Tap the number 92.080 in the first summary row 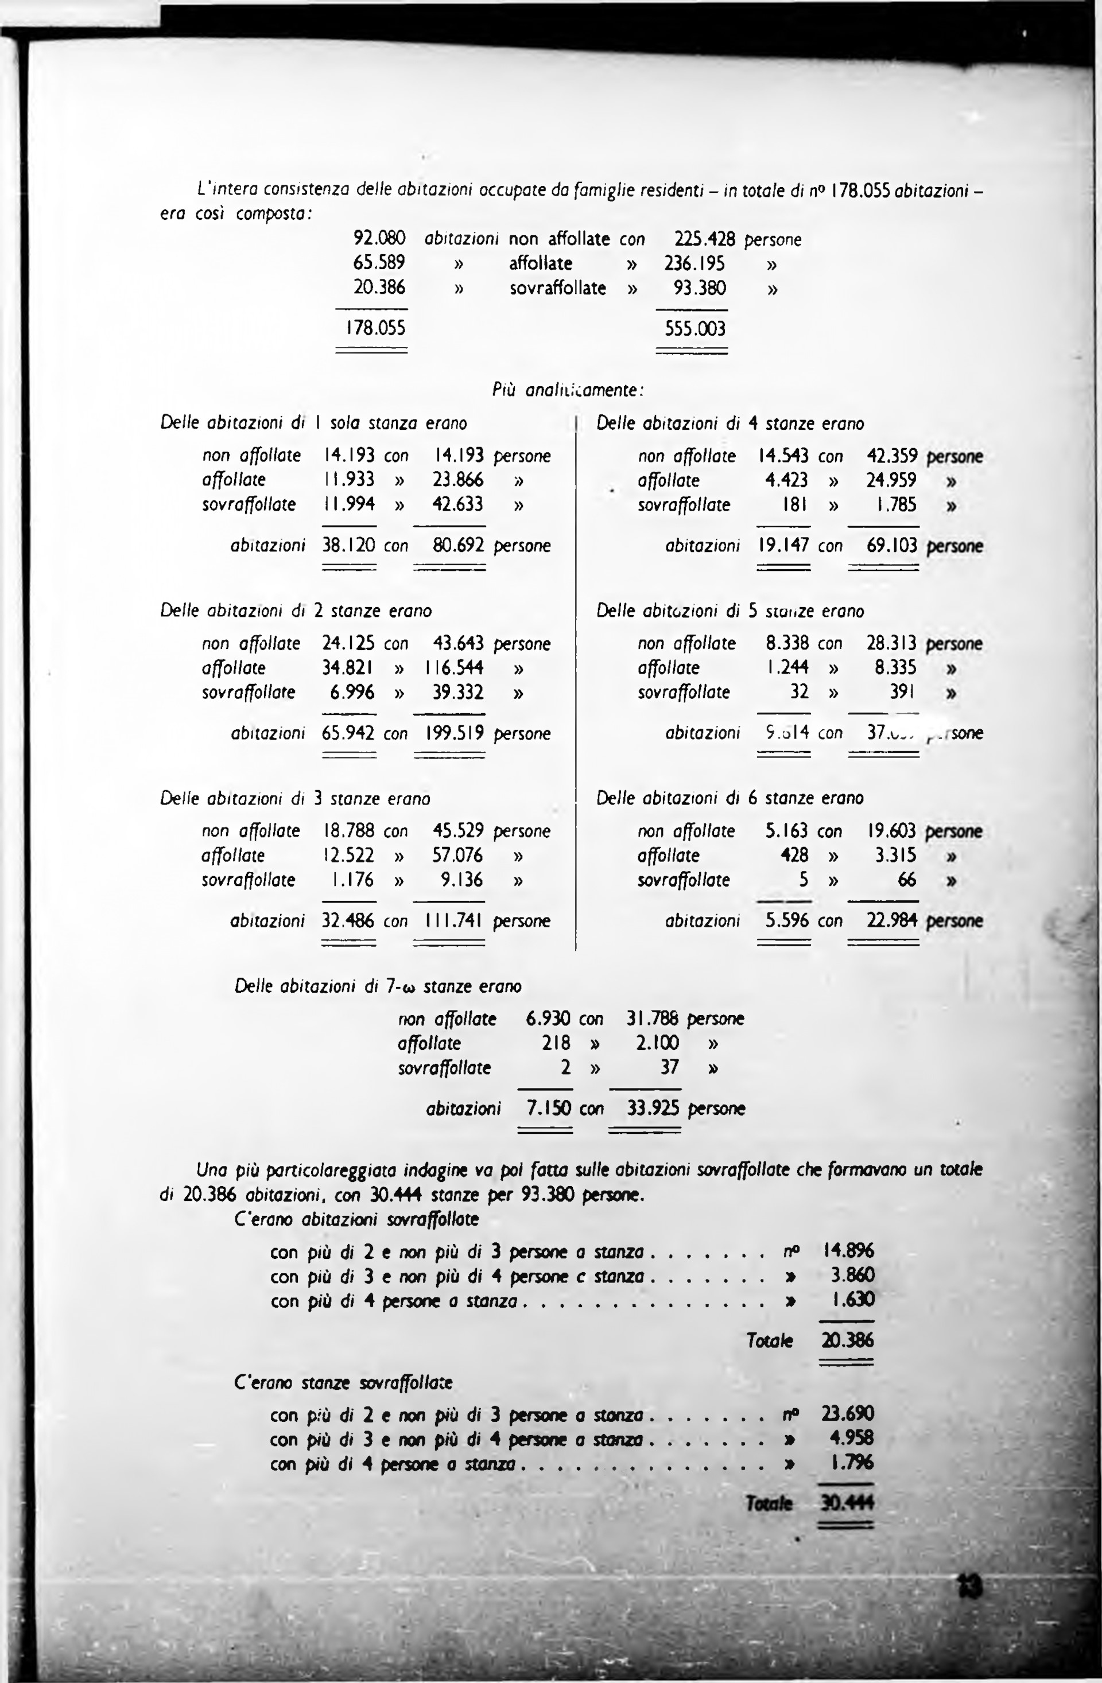(379, 239)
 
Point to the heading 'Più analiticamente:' (568, 390)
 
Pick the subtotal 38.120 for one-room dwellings (349, 545)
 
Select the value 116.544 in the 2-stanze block (455, 667)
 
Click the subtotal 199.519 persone (454, 733)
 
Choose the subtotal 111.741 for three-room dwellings (454, 921)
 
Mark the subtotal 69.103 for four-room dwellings (893, 546)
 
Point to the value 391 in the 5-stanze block (902, 691)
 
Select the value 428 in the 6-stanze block (794, 855)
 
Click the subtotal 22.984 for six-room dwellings (893, 921)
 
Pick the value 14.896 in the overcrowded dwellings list (848, 1251)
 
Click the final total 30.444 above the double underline (847, 1503)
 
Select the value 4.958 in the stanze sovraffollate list (852, 1437)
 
